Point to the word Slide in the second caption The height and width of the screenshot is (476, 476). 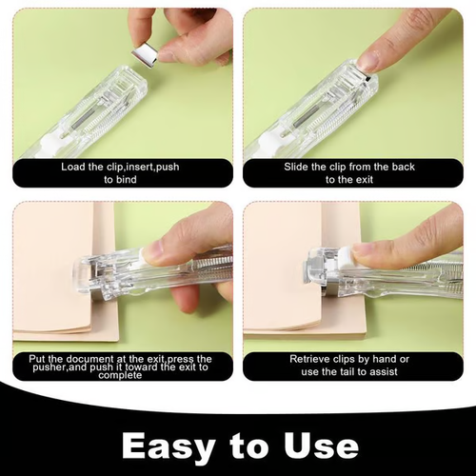pyautogui.click(x=299, y=167)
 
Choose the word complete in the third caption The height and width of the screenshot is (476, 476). pyautogui.click(x=122, y=375)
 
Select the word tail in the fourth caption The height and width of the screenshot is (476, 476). pyautogui.click(x=347, y=370)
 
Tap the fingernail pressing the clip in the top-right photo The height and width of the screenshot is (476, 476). pyautogui.click(x=367, y=60)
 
